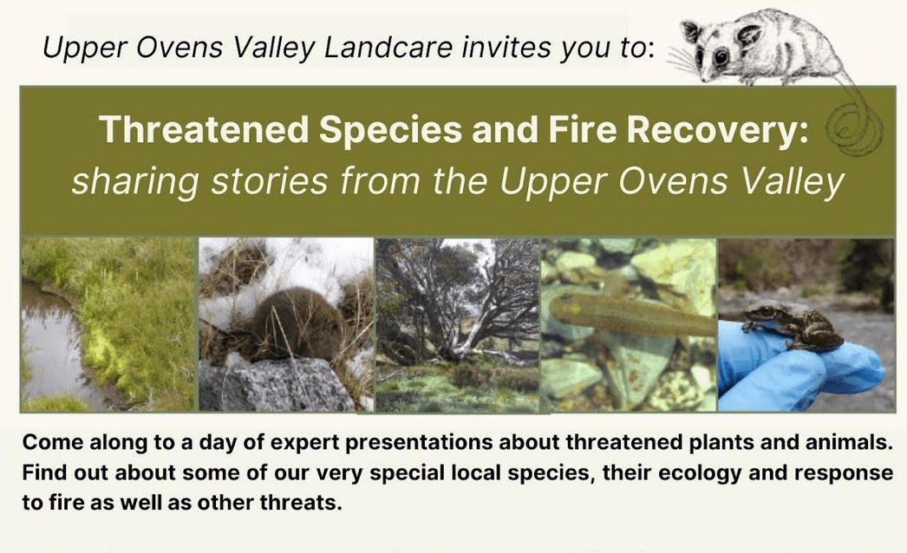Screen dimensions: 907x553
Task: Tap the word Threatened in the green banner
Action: tap(204, 129)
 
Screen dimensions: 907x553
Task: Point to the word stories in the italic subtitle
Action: tap(270, 180)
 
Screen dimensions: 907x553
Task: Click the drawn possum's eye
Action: tap(721, 56)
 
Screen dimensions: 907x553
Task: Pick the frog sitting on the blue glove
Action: tap(792, 326)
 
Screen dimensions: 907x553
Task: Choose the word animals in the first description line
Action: tap(846, 443)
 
